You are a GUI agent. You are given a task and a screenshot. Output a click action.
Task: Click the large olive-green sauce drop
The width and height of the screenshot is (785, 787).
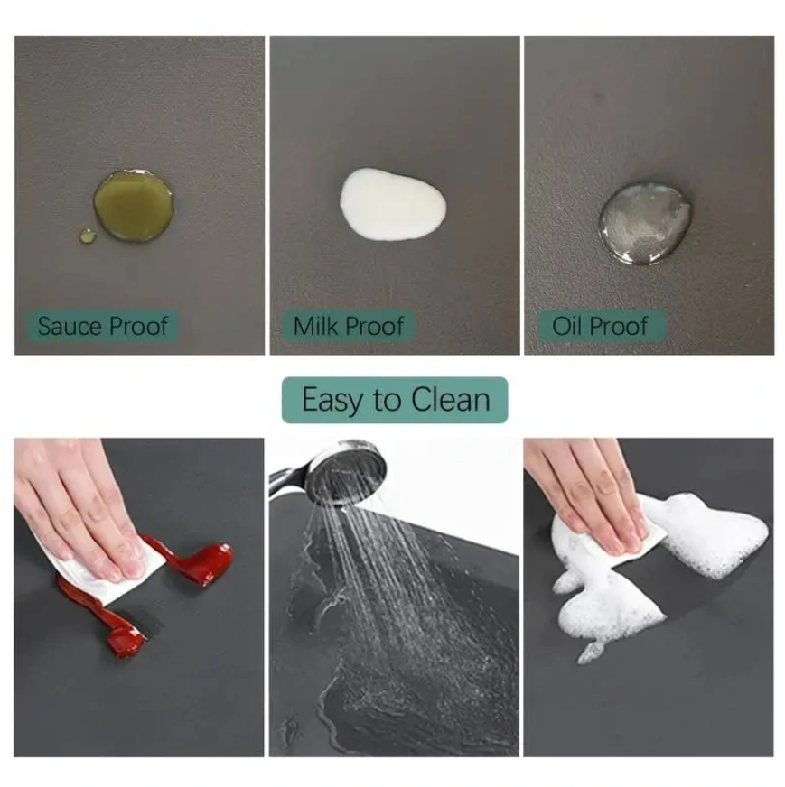134,205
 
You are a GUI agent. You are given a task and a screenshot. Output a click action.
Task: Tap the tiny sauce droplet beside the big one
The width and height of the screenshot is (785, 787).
88,236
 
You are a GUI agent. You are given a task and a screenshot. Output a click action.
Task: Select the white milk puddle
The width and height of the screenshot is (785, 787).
392,204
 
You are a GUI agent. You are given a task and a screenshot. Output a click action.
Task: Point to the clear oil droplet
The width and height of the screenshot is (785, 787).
644,223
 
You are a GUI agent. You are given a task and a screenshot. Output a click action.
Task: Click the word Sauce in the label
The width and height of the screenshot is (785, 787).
70,326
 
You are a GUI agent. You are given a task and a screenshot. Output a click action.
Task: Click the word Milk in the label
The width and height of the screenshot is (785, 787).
314,326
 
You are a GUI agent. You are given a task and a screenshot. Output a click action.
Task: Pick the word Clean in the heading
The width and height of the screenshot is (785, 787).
450,400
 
